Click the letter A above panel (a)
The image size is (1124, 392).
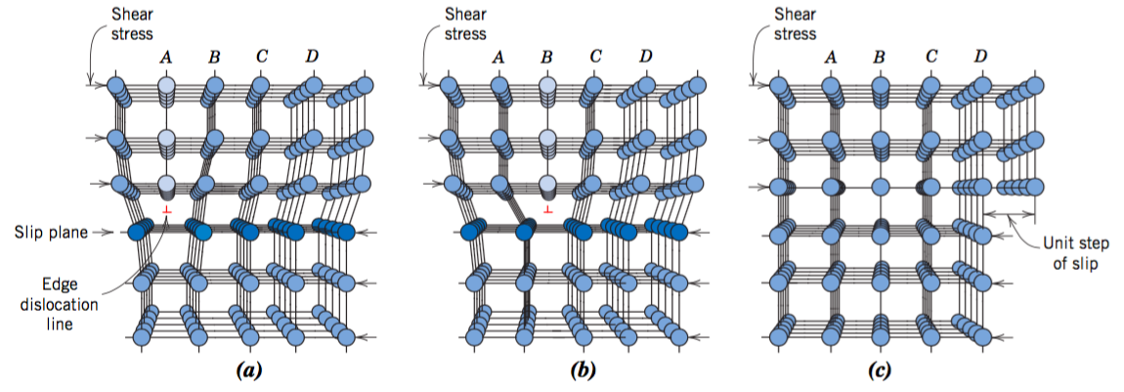pos(165,57)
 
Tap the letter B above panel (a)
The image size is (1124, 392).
pos(213,57)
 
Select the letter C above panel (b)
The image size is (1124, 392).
pos(595,57)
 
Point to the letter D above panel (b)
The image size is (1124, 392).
pos(645,57)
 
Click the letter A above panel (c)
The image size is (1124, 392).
pos(831,57)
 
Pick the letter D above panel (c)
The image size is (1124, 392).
pos(979,57)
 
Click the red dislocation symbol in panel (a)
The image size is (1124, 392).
pos(167,210)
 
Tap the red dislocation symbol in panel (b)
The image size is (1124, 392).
pos(548,210)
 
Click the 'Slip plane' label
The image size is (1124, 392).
pos(47,232)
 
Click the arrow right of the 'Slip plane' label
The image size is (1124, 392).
pos(102,232)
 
